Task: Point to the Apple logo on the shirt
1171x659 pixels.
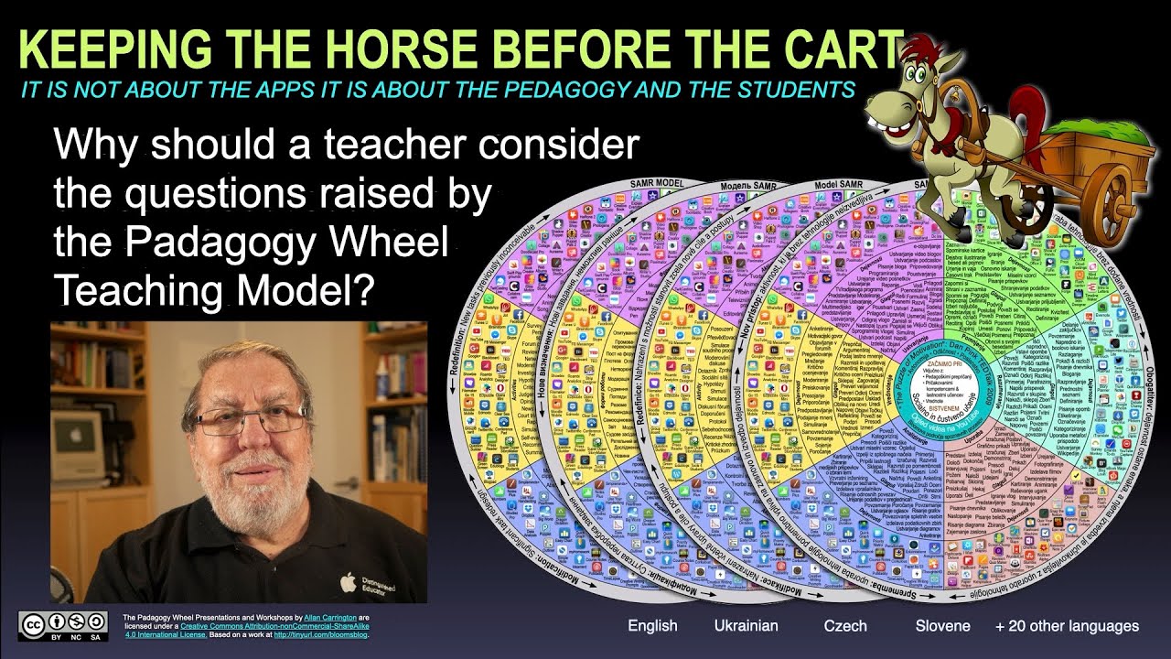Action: click(347, 580)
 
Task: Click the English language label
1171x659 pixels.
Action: click(652, 626)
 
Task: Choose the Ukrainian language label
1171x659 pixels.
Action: click(746, 626)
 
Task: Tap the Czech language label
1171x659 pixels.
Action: click(845, 626)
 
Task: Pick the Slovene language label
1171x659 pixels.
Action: click(942, 626)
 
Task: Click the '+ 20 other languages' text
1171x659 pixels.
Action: click(1067, 626)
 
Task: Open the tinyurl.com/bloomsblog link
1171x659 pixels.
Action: click(319, 634)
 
